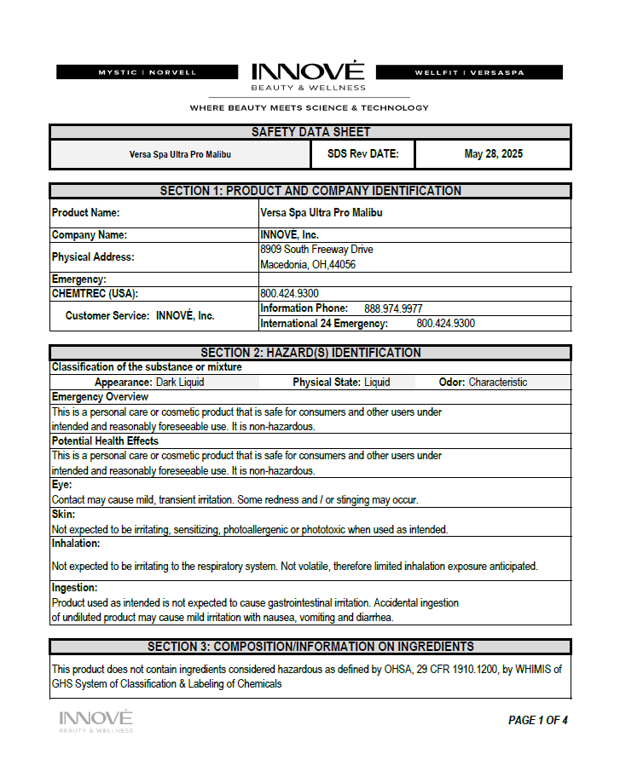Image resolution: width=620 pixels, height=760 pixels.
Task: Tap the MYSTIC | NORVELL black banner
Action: [148, 72]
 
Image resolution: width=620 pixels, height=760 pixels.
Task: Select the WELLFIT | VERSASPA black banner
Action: [469, 72]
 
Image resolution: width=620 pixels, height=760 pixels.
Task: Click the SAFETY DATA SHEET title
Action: [310, 132]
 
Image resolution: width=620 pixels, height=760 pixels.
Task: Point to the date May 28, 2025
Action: [493, 154]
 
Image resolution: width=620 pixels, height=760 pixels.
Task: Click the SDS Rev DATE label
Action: [357, 154]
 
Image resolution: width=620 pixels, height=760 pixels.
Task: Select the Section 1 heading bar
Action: [310, 191]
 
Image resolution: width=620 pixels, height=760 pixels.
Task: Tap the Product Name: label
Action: [86, 213]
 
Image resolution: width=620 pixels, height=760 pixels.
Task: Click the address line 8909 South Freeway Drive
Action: [316, 250]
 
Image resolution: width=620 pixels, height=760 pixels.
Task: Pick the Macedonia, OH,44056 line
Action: [308, 265]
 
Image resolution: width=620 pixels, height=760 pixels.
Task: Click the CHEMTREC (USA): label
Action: [95, 293]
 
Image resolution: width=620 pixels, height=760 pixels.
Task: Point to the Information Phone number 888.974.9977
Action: [393, 308]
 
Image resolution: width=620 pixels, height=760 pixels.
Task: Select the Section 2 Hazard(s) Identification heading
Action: [310, 353]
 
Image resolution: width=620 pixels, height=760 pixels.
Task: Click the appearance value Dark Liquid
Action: [180, 383]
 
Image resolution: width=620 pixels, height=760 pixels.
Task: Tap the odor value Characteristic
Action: [497, 383]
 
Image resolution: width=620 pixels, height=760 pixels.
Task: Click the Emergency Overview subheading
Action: [100, 397]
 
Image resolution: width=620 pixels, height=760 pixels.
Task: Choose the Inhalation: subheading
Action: [76, 543]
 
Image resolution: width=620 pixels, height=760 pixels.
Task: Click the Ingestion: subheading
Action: [74, 588]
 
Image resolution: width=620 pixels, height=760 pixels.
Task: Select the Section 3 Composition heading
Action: [310, 647]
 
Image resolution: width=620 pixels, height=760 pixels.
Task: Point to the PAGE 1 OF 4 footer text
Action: [537, 720]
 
